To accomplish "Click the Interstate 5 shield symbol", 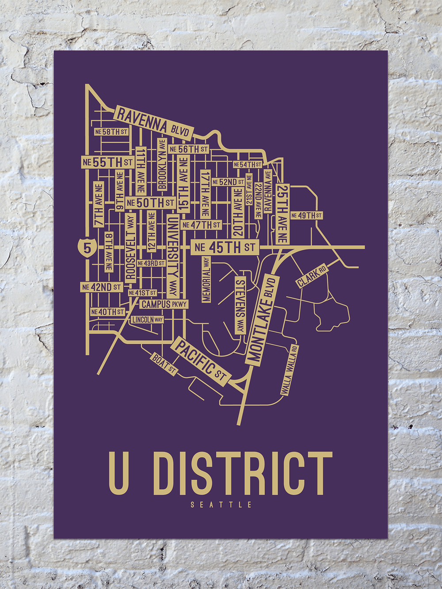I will coord(87,247).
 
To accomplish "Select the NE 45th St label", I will coord(225,247).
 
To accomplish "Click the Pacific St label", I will coord(202,360).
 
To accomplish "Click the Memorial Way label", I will coord(206,279).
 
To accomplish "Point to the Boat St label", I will coord(164,364).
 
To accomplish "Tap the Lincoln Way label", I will coord(147,319).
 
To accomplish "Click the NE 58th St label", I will coord(111,132).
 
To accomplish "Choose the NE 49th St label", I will coord(306,216).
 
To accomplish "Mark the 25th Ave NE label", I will coord(282,214).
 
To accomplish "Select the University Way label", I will coord(173,256).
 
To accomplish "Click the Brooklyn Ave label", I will coord(162,164).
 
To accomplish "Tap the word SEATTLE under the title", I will coord(221,505).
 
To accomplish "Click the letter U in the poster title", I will coord(119,473).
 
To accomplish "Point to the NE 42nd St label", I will coord(101,287).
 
